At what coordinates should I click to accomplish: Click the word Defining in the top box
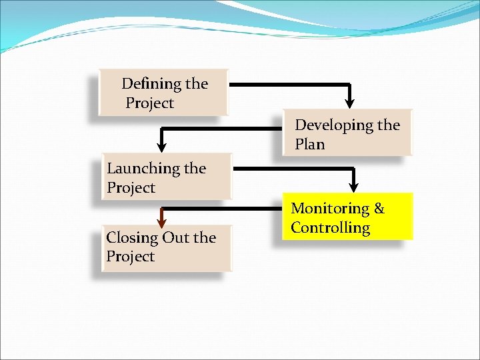point(153,84)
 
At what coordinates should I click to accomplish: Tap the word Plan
point(309,144)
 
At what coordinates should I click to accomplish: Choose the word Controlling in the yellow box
point(330,228)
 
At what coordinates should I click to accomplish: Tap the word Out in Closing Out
point(175,238)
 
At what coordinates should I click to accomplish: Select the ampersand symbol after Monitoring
point(379,209)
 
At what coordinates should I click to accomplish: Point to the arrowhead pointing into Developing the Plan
point(350,102)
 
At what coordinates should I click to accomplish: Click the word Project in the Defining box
point(149,103)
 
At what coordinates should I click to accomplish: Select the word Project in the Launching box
point(131,188)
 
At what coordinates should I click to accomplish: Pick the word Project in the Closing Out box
point(130,257)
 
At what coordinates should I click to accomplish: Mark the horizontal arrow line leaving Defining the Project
point(287,85)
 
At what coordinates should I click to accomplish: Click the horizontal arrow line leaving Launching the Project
point(293,169)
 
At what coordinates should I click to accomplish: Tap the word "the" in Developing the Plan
point(389,125)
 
